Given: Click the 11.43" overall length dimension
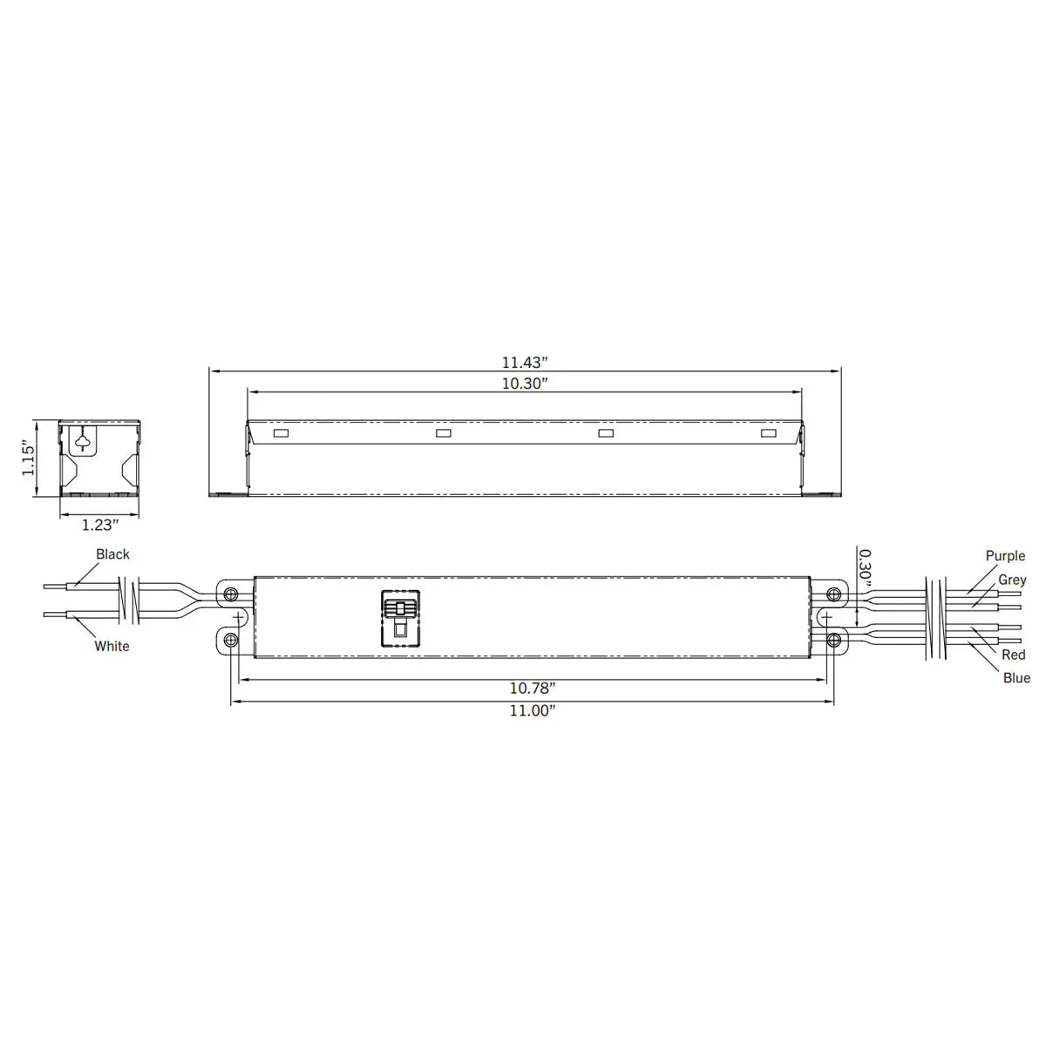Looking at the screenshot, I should pos(524,362).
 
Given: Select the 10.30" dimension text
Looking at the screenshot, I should pos(524,384).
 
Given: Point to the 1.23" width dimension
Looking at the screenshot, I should pos(99,525).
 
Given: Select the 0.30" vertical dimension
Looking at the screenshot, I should pos(863,567).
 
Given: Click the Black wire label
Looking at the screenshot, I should pos(112,554).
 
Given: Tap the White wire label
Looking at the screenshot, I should pos(112,646).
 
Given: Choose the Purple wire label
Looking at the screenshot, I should pos(1005,556).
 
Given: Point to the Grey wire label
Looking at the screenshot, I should pos(1012,580).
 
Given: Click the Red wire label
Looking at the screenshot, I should pos(1014,655).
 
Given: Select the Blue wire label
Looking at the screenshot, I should pos(1016,678).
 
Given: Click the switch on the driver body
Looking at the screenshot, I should pos(400,617).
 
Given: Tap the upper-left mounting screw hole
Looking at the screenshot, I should pos(230,594).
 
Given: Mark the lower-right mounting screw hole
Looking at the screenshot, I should pos(834,642).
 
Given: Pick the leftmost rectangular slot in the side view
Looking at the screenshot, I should pos(281,433).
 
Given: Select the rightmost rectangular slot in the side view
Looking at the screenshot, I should pos(768,433).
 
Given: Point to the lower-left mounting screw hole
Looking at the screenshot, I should pos(230,642).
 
